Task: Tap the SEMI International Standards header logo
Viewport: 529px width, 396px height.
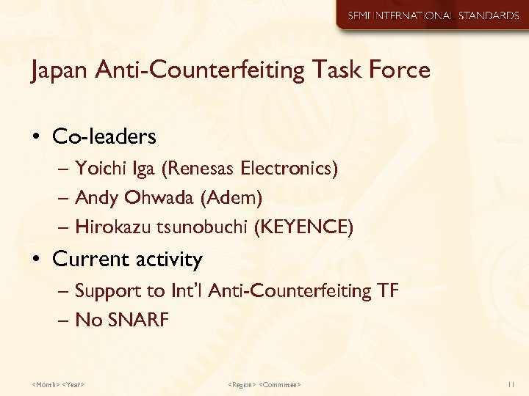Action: click(x=433, y=15)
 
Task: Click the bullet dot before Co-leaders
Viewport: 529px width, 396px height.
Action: click(x=37, y=137)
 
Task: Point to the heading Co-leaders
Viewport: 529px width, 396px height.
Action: click(x=104, y=136)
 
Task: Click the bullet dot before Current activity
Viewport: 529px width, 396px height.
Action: click(x=37, y=260)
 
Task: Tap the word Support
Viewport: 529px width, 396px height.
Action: click(x=109, y=292)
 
